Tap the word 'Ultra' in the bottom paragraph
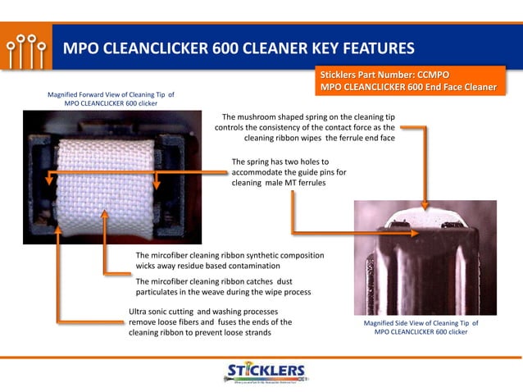tap(142, 312)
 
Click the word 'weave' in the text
tap(216, 292)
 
